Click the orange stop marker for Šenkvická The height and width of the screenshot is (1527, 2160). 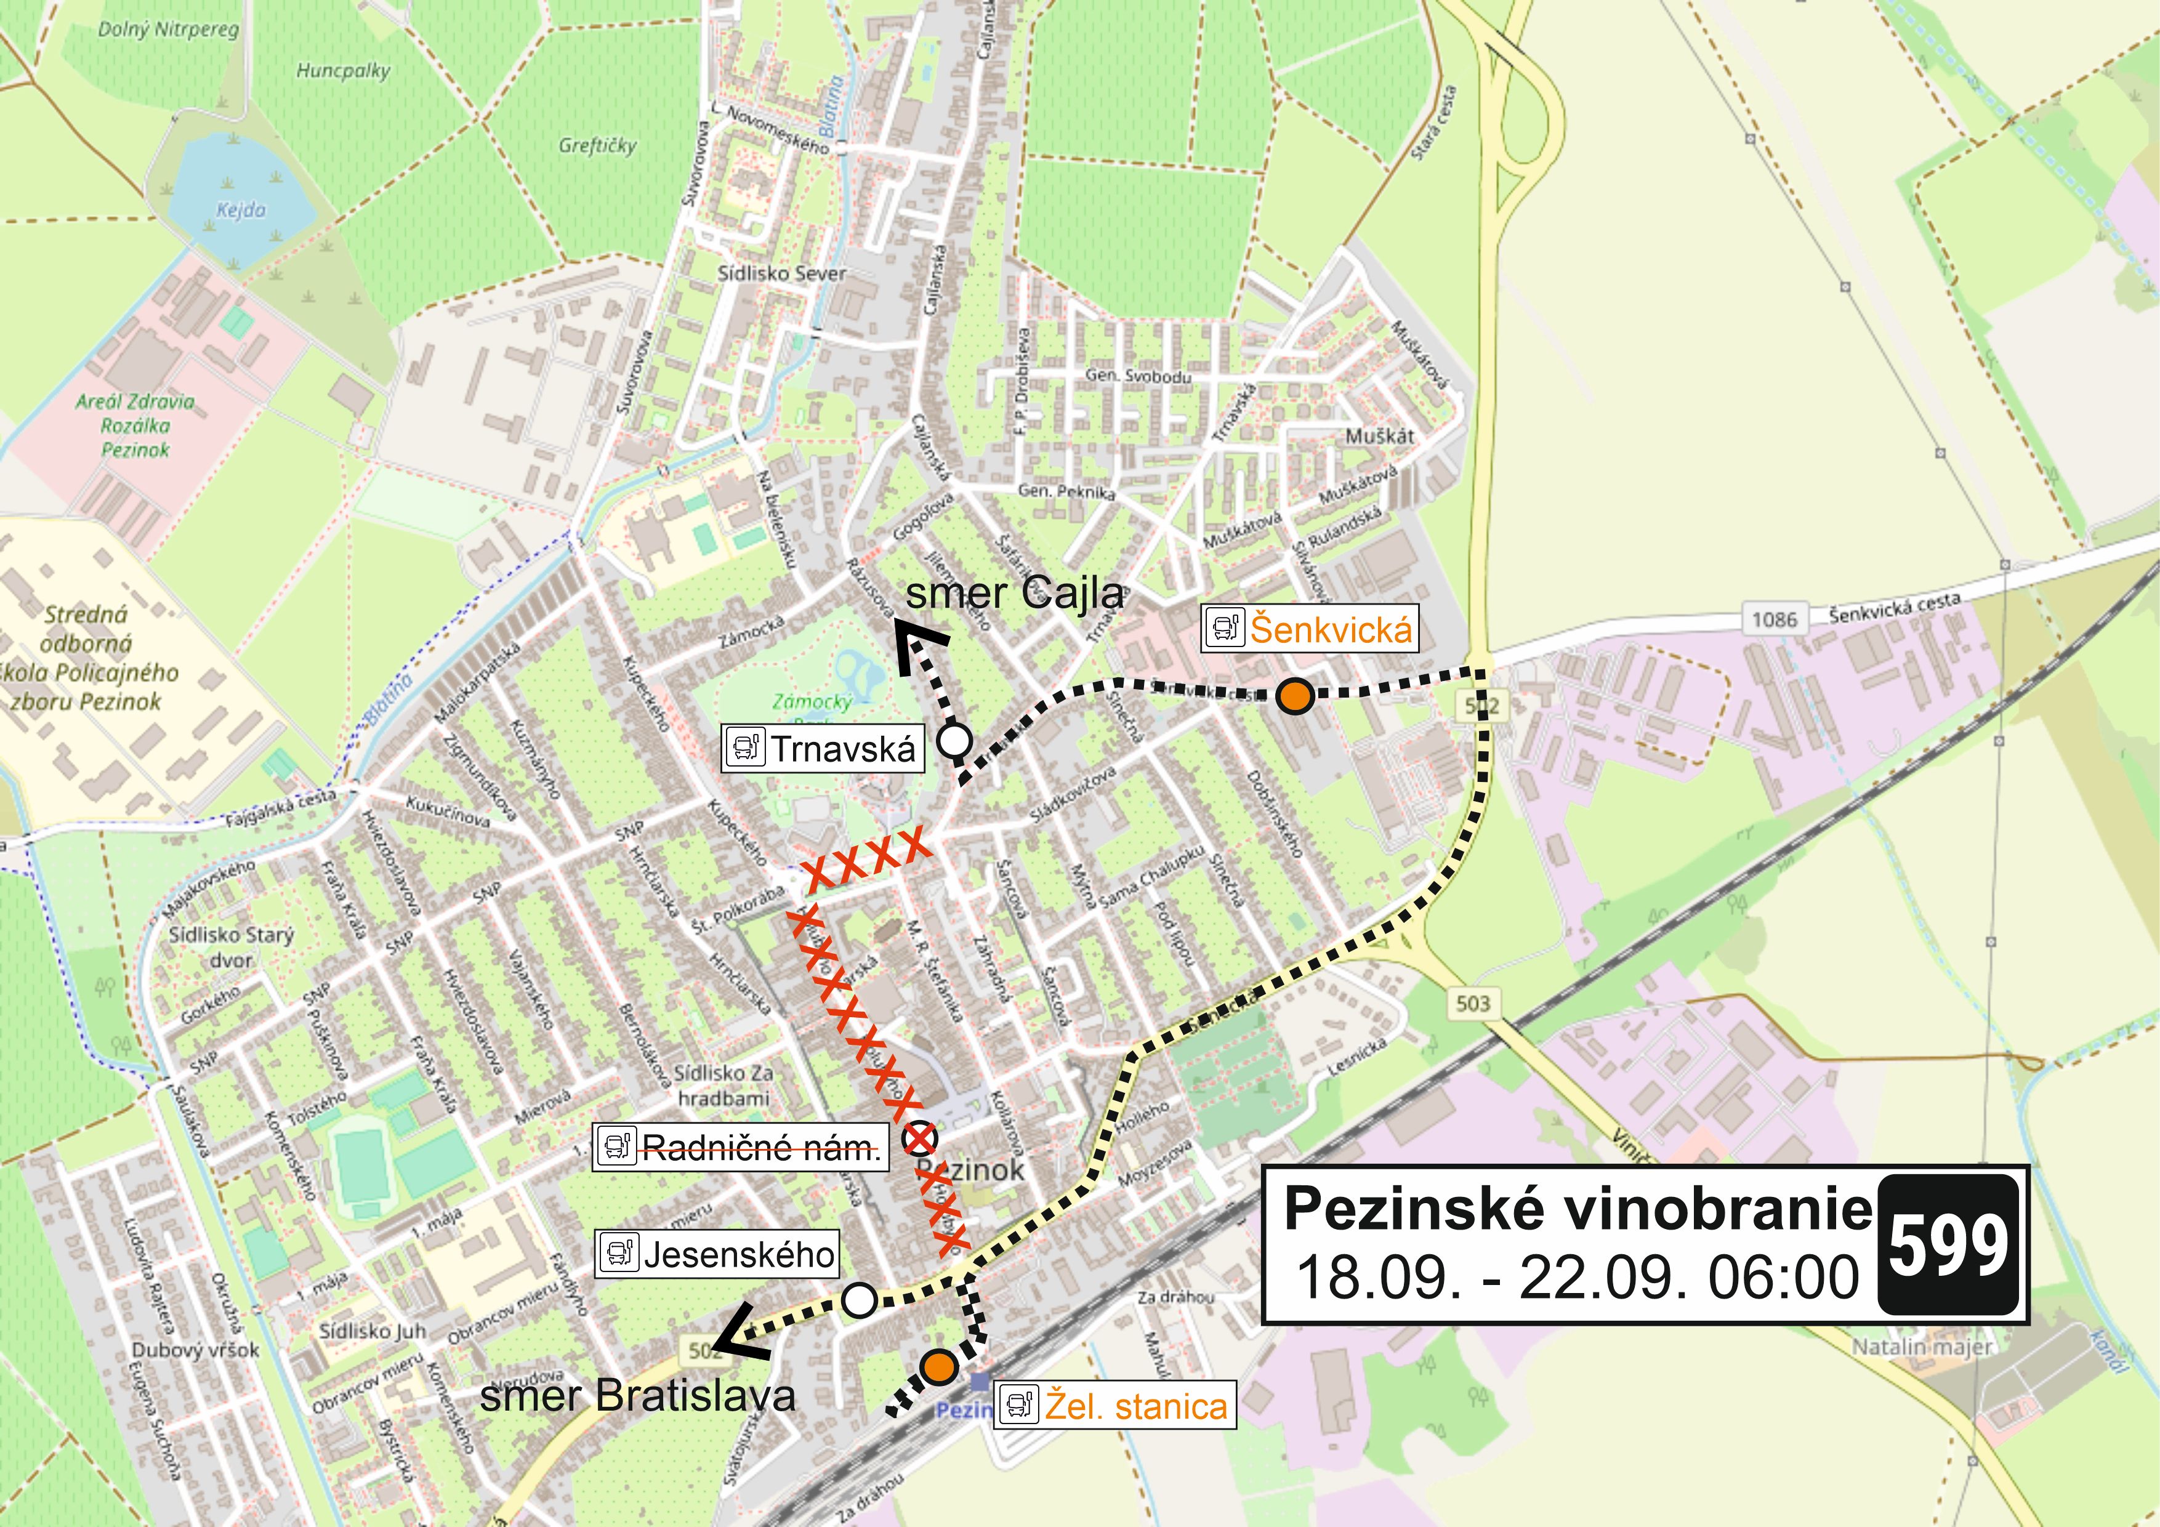point(1296,696)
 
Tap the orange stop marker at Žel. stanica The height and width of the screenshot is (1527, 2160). point(938,1366)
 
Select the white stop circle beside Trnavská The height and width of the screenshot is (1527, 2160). point(956,741)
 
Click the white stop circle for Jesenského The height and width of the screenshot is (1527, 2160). point(859,1300)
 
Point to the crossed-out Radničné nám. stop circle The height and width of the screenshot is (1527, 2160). point(920,1139)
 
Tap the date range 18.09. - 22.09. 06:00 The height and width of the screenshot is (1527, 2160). point(1578,1278)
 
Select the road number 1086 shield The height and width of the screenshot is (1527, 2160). point(1775,619)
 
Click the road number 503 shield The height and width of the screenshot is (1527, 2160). point(1473,1003)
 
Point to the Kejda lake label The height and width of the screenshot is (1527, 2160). point(241,210)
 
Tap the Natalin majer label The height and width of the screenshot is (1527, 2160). point(1922,1347)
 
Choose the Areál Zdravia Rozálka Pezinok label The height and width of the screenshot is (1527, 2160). point(135,425)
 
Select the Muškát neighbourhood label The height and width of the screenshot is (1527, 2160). point(1379,435)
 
